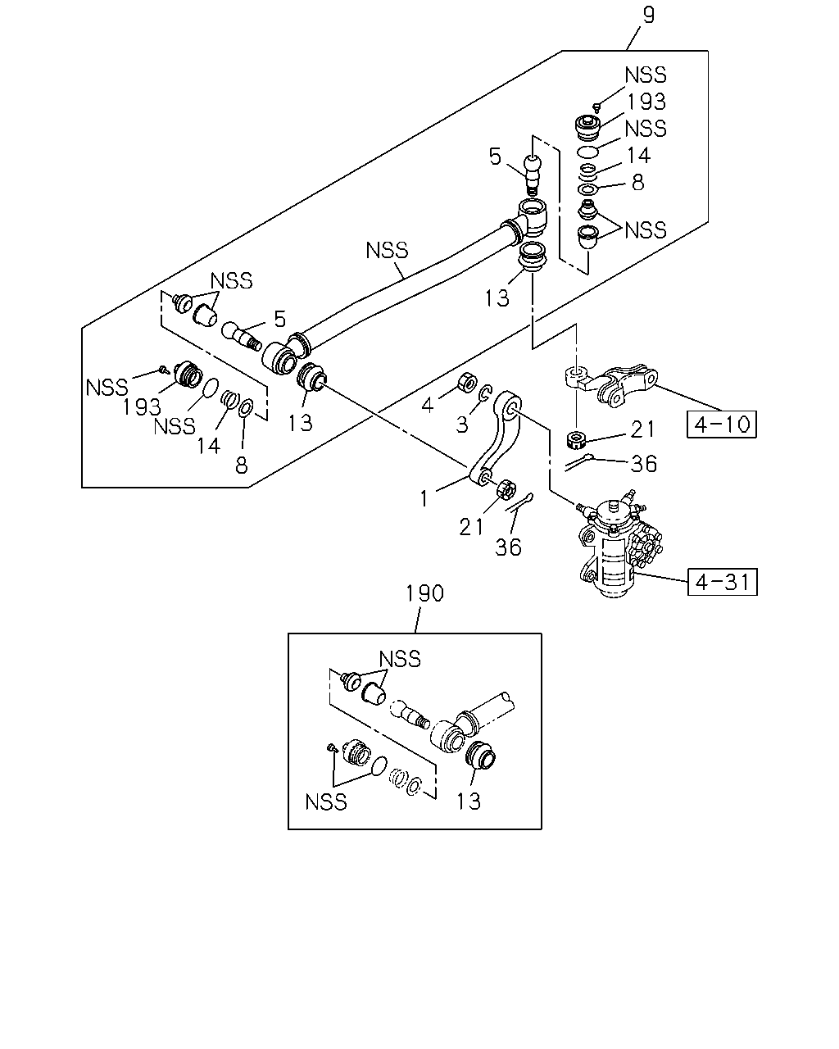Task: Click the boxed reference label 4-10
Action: click(721, 424)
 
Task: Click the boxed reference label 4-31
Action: click(722, 582)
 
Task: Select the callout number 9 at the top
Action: click(649, 16)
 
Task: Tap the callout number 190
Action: click(424, 593)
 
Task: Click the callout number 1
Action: click(424, 498)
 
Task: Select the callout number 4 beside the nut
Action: click(428, 405)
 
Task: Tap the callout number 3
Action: click(461, 425)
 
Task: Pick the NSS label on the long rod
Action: click(387, 250)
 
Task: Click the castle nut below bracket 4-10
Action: click(577, 440)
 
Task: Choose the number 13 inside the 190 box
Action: click(469, 802)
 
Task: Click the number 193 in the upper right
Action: click(646, 102)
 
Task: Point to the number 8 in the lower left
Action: click(242, 465)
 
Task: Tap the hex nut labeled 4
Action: click(467, 382)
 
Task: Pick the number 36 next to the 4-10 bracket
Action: click(643, 464)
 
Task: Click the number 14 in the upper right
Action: click(638, 156)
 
